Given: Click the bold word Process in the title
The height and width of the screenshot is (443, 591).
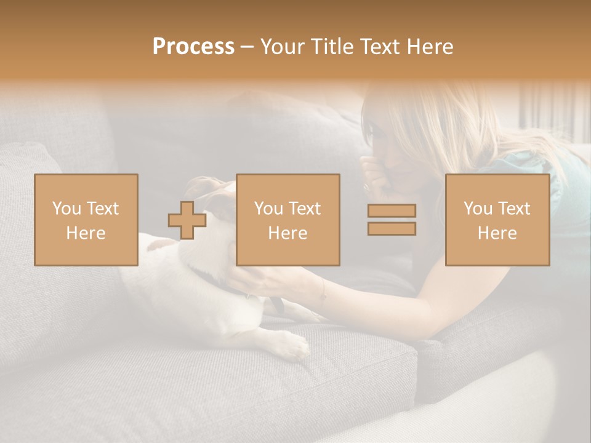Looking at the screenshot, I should [193, 47].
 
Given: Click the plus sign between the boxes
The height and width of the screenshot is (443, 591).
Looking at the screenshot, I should [187, 220].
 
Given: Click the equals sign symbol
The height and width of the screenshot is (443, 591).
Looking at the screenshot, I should [392, 220].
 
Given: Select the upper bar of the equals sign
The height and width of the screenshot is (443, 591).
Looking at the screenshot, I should [392, 211].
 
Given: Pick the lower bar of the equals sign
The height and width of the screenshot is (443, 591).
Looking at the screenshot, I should [392, 228].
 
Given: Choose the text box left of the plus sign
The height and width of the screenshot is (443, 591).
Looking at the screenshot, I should [86, 220].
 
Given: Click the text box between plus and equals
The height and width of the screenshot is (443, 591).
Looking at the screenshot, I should [287, 220].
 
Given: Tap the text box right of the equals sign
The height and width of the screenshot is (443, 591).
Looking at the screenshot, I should [497, 220].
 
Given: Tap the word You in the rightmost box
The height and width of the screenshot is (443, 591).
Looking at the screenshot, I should [478, 209].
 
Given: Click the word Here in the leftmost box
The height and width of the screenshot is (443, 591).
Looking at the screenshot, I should [86, 233].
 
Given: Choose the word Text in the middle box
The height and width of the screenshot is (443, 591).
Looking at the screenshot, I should [305, 209].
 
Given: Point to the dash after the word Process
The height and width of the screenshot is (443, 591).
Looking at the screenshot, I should [247, 47].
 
